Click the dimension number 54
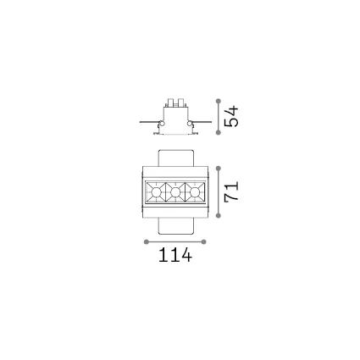(x=231, y=116)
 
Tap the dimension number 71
(x=231, y=191)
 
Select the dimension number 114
(x=175, y=255)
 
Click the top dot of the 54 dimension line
(x=218, y=101)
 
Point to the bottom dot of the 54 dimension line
(x=218, y=132)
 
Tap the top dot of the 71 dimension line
(x=218, y=169)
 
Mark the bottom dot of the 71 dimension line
(x=218, y=216)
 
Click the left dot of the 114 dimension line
(x=147, y=241)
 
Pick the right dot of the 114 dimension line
(x=204, y=241)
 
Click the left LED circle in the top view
(x=156, y=192)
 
